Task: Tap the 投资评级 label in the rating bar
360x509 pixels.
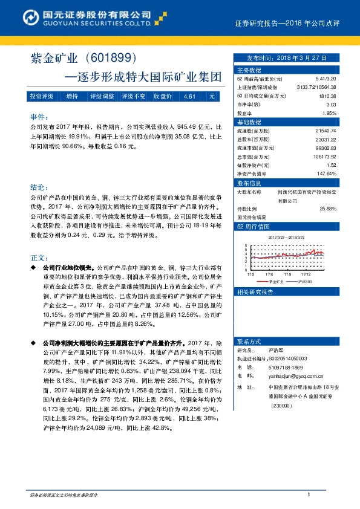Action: click(42, 97)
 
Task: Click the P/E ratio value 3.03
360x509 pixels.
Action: click(330, 105)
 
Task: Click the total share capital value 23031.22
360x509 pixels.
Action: click(325, 139)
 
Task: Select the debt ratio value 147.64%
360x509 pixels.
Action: click(326, 173)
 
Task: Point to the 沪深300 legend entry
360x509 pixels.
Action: click(304, 281)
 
